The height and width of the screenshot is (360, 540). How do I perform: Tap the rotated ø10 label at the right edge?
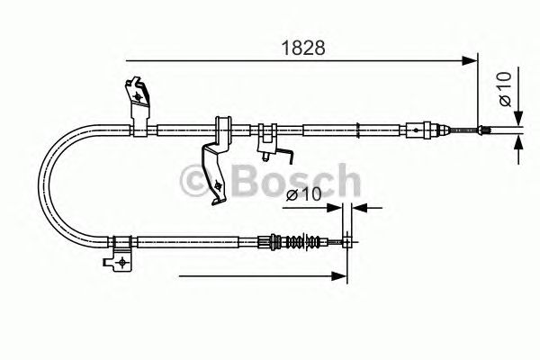tap(507, 88)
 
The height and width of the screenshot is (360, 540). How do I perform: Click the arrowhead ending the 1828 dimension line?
tap(470, 60)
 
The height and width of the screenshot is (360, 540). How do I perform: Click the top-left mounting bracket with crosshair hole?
tap(138, 94)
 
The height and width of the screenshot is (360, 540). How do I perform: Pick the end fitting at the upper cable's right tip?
tap(486, 132)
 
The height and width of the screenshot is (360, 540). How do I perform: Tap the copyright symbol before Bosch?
tap(197, 183)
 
